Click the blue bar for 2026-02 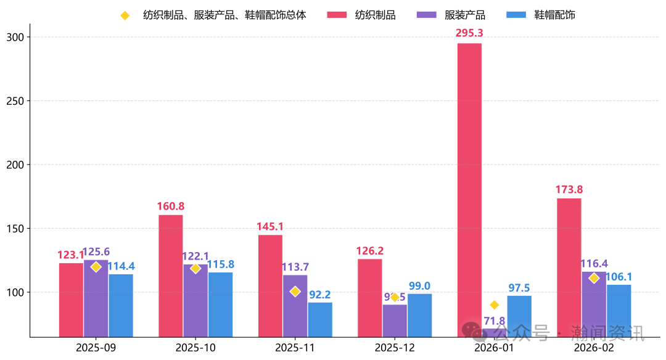click(619, 311)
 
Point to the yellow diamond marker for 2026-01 click(494, 305)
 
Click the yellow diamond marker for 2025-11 click(295, 292)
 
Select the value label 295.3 click(469, 33)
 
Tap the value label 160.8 click(171, 206)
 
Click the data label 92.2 click(320, 295)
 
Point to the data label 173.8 click(569, 189)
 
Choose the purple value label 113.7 click(295, 267)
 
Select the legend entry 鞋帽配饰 click(553, 15)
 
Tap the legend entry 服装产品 click(464, 15)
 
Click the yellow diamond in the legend click(125, 15)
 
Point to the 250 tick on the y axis click(20, 101)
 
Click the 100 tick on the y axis click(20, 292)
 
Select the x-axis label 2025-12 click(394, 348)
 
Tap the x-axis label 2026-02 click(593, 348)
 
